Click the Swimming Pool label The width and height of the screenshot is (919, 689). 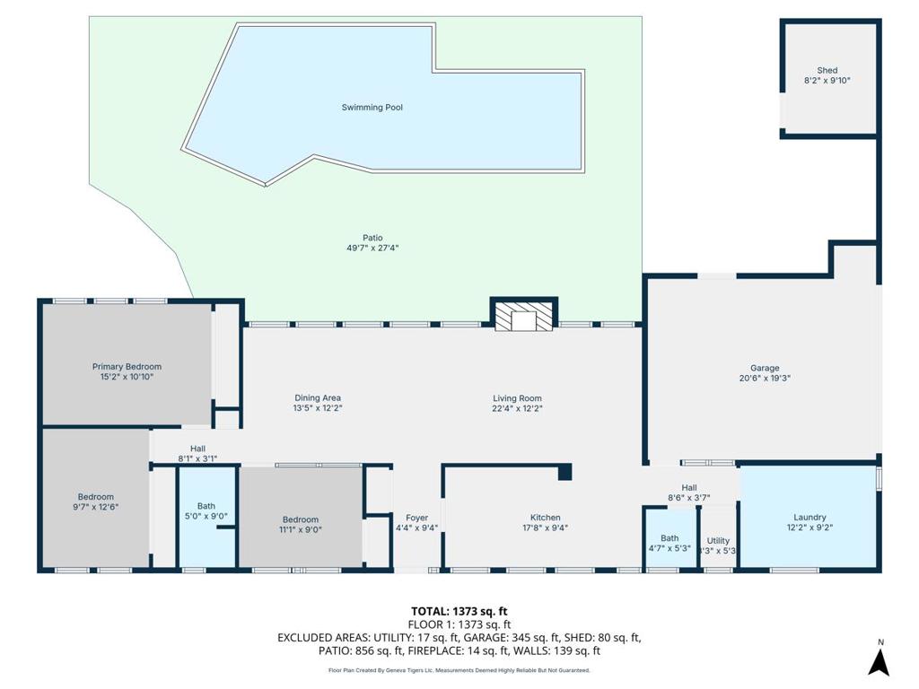point(372,108)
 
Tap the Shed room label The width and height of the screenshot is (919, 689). point(827,70)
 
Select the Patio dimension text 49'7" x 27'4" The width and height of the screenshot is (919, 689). point(372,248)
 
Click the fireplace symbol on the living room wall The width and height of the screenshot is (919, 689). point(524,317)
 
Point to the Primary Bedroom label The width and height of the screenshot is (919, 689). point(127,367)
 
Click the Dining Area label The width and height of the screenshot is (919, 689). point(318,397)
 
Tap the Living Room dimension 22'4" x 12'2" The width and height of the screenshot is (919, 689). point(518,408)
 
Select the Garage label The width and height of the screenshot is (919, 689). point(765,368)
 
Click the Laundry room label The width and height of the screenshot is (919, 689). point(810,518)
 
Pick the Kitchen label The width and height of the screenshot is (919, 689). point(545,518)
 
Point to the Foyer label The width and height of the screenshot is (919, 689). point(416,518)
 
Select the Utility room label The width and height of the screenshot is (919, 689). point(718,541)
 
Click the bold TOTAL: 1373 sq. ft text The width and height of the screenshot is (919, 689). point(459,612)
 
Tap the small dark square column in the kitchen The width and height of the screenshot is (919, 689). point(565,472)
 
